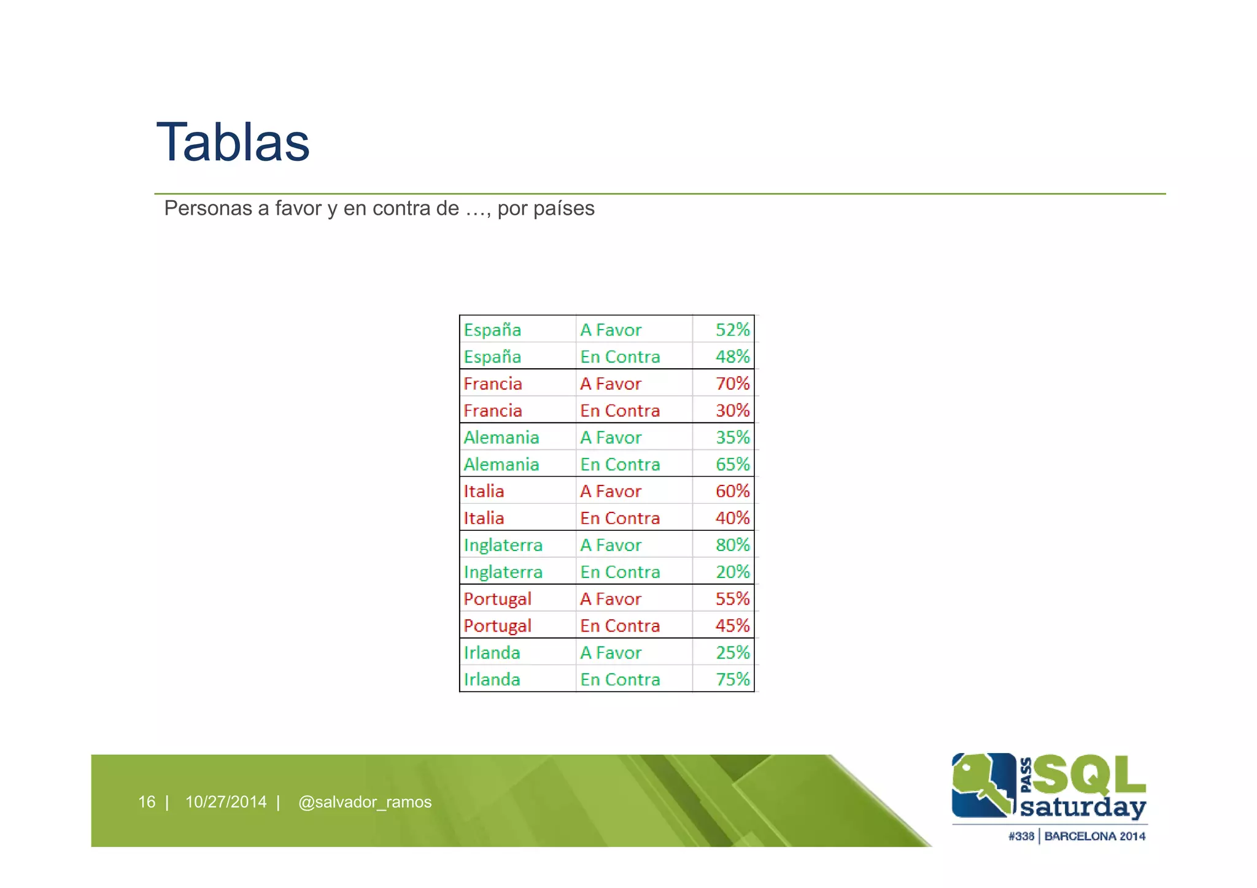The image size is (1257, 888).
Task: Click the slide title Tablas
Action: click(233, 142)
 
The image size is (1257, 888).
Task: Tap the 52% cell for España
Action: click(732, 330)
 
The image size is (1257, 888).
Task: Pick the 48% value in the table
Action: click(732, 357)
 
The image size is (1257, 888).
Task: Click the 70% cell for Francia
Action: click(732, 384)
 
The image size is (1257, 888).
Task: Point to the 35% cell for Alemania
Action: click(732, 438)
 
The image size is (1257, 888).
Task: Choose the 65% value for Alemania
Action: click(732, 465)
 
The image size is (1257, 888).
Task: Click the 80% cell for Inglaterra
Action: click(732, 545)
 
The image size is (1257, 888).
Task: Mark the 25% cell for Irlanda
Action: click(732, 652)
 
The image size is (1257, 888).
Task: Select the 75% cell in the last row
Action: click(732, 679)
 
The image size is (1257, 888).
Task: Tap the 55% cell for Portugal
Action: click(732, 599)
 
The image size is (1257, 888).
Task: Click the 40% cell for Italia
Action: click(732, 518)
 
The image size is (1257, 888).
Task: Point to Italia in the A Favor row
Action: click(484, 492)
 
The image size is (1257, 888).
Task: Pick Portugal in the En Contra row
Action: click(497, 626)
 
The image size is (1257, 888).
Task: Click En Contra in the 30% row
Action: click(620, 411)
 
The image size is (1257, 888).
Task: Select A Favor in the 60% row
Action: click(611, 492)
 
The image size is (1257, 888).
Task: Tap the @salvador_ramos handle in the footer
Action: click(365, 802)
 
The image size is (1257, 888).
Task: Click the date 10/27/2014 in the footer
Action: click(226, 802)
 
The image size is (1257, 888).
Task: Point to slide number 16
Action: click(147, 802)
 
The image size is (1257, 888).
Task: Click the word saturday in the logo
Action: click(1083, 807)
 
